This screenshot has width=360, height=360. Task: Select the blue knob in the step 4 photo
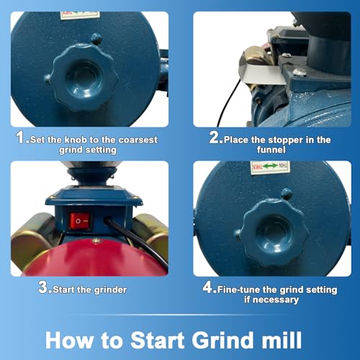point(273,231)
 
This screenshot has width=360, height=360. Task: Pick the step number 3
point(45,289)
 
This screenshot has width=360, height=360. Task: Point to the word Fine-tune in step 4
point(243,289)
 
